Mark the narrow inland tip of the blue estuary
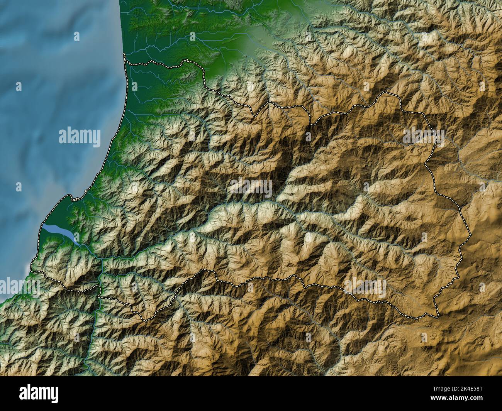click(x=79, y=244)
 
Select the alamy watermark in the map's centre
click(x=251, y=188)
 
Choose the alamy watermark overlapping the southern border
click(x=365, y=288)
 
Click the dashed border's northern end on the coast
click(x=124, y=55)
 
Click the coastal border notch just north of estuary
click(x=73, y=198)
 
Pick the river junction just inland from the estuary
click(x=101, y=261)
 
